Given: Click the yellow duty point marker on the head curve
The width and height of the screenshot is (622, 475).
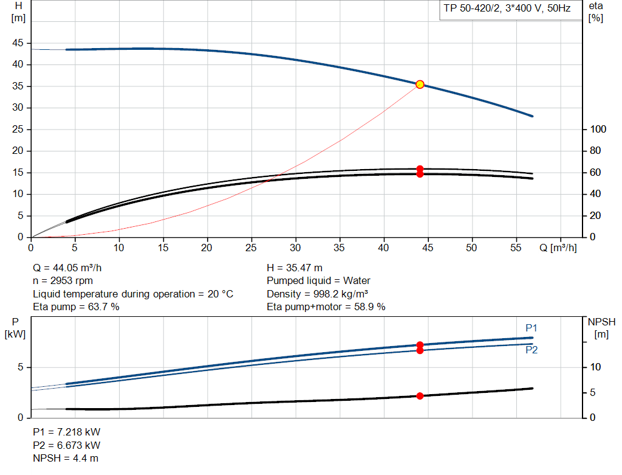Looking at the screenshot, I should tap(420, 85).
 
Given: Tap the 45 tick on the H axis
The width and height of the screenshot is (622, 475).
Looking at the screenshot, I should tap(18, 43).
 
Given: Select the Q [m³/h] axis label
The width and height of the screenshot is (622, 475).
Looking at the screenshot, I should tap(558, 248).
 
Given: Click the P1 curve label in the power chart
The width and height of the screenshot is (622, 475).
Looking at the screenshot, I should tap(531, 328).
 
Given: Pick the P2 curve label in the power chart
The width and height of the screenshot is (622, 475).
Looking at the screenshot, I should tap(531, 350).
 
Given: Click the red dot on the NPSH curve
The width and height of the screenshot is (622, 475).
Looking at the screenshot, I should tap(420, 396).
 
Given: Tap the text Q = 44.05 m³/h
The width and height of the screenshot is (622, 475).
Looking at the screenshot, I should tap(71, 268).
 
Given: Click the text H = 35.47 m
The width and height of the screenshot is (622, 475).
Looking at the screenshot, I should tap(295, 268).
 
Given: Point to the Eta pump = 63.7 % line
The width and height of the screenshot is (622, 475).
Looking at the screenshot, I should tap(76, 307).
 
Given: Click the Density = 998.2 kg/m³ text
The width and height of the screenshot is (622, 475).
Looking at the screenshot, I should tap(318, 294).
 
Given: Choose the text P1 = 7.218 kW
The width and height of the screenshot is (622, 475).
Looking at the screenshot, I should tap(66, 432).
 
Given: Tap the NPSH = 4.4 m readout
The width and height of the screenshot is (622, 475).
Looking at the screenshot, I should tap(66, 458).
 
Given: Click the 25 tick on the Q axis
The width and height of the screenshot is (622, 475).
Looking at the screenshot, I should tap(251, 248).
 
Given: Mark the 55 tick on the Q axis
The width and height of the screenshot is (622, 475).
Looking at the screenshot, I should tap(516, 248).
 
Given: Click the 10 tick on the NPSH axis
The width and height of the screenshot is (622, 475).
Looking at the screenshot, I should tap(596, 367).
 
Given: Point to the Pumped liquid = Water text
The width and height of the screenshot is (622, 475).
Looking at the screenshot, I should tap(318, 281).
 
